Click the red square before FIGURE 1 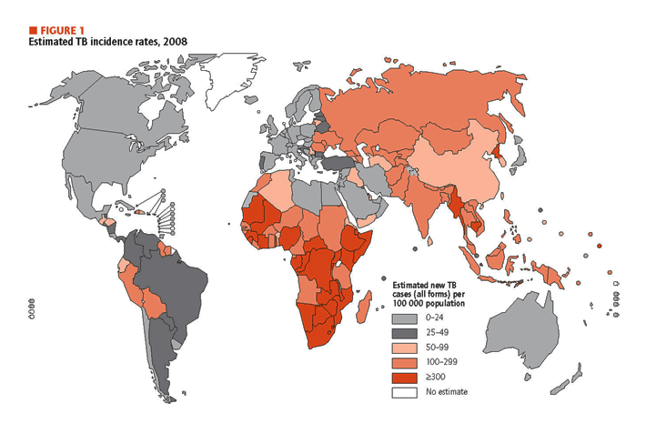pyautogui.click(x=33, y=30)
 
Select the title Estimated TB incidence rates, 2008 pyautogui.click(x=108, y=42)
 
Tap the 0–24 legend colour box pyautogui.click(x=404, y=318)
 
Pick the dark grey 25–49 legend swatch pyautogui.click(x=404, y=333)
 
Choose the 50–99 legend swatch pyautogui.click(x=404, y=348)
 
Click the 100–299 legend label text pyautogui.click(x=441, y=362)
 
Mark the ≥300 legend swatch pyautogui.click(x=404, y=378)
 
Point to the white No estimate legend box pyautogui.click(x=404, y=392)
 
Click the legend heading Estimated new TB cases pyautogui.click(x=429, y=294)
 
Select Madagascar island pyautogui.click(x=363, y=307)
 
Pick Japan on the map pyautogui.click(x=520, y=158)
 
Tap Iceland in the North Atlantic pyautogui.click(x=250, y=99)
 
